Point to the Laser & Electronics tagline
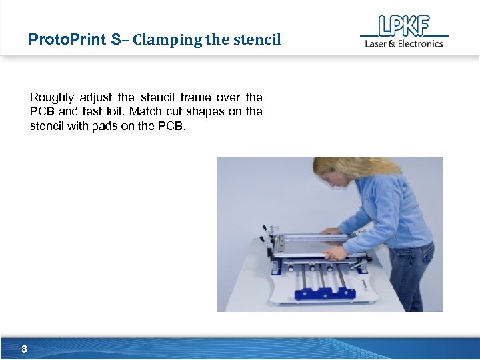(x=403, y=44)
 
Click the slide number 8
(x=24, y=349)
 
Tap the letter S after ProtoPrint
(x=117, y=39)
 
